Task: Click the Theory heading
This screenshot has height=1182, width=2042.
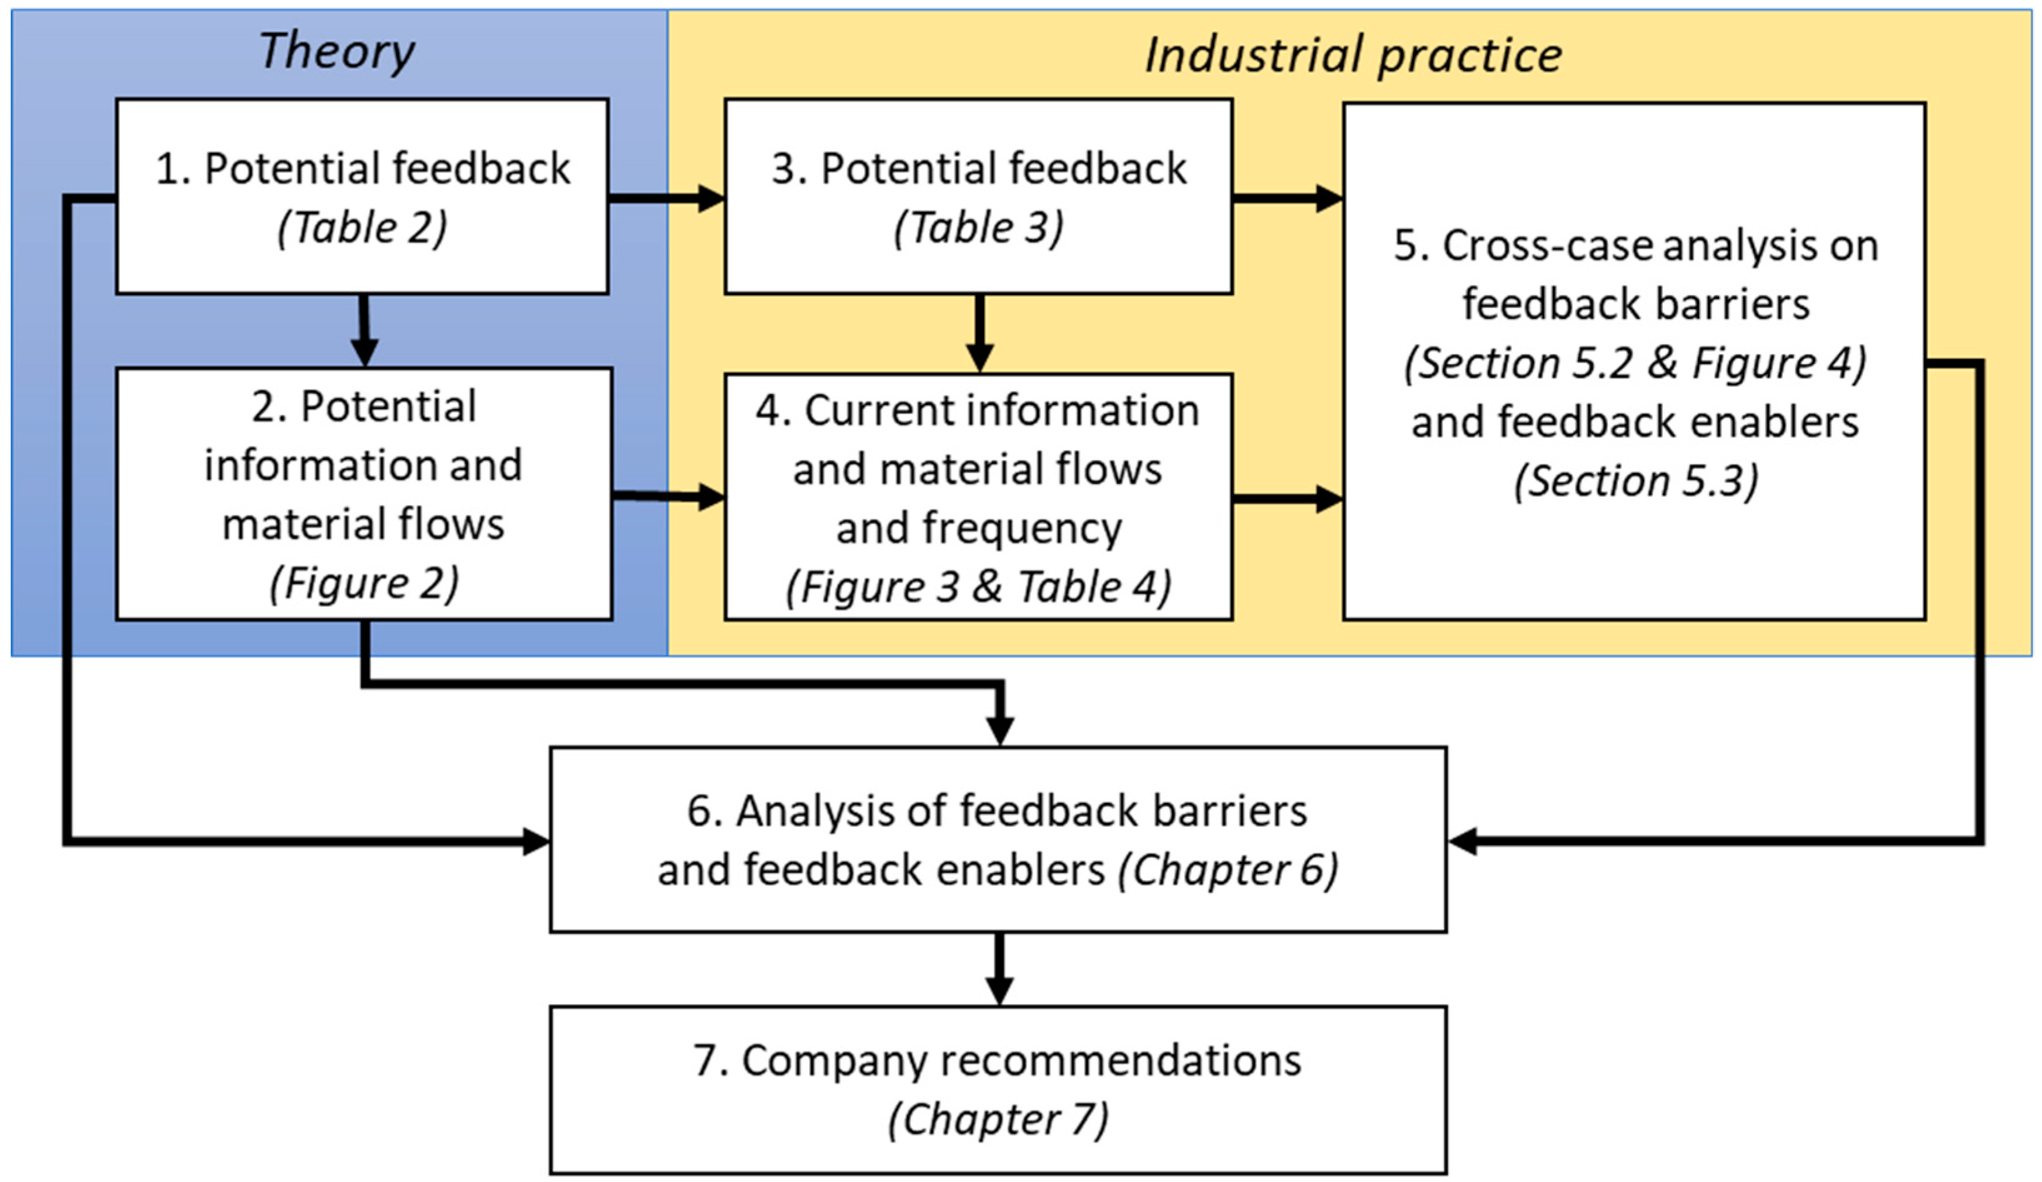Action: [x=336, y=51]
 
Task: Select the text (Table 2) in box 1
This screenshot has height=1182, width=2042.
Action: [x=362, y=228]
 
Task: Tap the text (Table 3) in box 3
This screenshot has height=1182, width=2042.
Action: [x=978, y=228]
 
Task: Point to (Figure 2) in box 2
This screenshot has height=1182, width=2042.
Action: [x=364, y=583]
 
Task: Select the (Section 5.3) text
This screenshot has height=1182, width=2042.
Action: [x=1635, y=481]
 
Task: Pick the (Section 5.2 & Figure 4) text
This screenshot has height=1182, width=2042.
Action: [x=1635, y=363]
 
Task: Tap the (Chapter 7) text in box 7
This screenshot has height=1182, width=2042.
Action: [x=998, y=1120]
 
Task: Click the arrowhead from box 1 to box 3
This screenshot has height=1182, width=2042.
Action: [x=711, y=198]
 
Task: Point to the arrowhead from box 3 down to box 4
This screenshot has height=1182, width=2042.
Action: [x=979, y=357]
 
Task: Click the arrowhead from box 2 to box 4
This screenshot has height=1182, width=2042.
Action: [x=711, y=496]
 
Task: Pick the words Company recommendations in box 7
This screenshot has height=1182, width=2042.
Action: [x=1021, y=1060]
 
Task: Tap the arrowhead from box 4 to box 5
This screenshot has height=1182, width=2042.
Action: [x=1328, y=499]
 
